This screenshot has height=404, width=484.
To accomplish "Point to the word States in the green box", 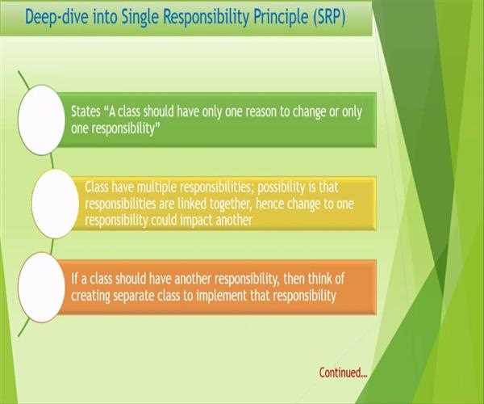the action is (86, 111).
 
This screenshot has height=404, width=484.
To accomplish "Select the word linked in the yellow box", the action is (192, 204).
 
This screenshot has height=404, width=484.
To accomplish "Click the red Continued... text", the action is (344, 372).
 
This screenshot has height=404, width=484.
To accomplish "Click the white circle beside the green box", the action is (41, 120).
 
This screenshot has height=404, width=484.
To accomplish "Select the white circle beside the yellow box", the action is (55, 204).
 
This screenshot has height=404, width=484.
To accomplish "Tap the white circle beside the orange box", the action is (41, 288).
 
